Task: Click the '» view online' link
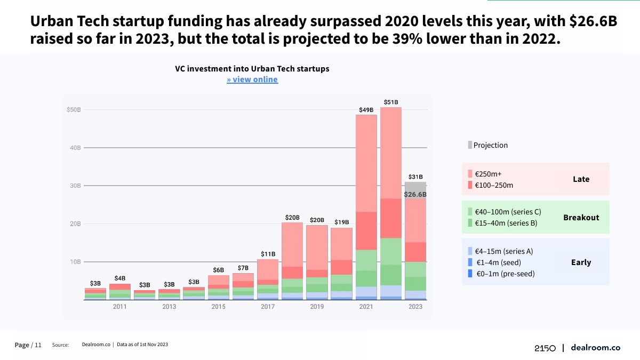[252, 79]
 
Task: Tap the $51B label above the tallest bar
[391, 102]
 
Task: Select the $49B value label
[366, 110]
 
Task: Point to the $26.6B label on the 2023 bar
[415, 195]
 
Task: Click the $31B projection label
[415, 177]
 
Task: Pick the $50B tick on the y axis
[74, 110]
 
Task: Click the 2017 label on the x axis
[268, 307]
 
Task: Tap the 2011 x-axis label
[119, 307]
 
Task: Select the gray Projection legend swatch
[470, 145]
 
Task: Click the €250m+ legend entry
[490, 174]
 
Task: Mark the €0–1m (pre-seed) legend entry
[505, 274]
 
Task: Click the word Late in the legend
[581, 179]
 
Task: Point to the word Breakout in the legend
[581, 218]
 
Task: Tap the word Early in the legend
[581, 262]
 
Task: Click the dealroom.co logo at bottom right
[595, 347]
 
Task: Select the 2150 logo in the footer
[545, 348]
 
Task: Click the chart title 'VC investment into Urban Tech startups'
[252, 69]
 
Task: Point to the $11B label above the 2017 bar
[268, 254]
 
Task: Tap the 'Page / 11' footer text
[28, 345]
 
